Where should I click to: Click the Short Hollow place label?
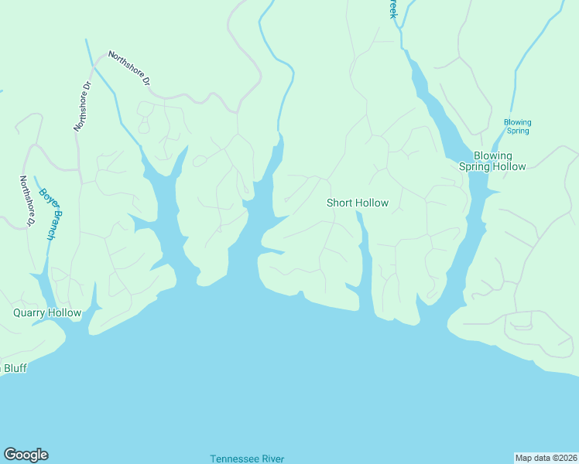tap(357, 203)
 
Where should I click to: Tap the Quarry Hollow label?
tap(47, 313)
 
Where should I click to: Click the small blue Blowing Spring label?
tap(518, 127)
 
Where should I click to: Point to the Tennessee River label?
tap(247, 459)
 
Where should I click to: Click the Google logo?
tap(26, 455)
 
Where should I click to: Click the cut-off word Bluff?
tap(15, 368)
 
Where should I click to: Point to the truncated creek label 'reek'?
tap(392, 9)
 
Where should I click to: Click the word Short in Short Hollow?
tap(340, 203)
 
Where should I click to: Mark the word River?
tap(272, 459)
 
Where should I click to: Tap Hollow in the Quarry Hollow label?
tap(65, 313)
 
